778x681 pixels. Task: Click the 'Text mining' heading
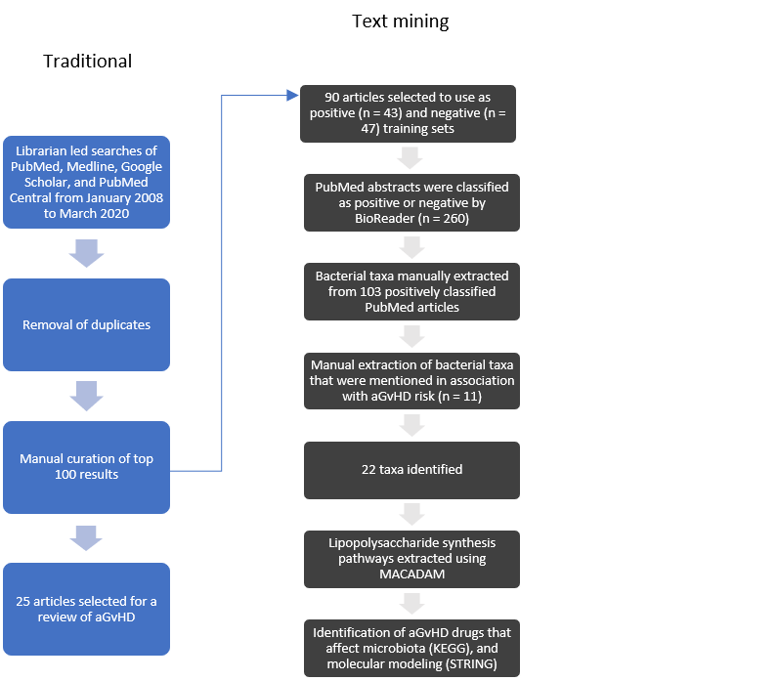click(401, 21)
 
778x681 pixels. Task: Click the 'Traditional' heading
click(87, 62)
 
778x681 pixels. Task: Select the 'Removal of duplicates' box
click(86, 325)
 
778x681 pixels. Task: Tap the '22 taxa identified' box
click(411, 470)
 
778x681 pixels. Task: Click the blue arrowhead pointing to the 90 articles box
click(293, 95)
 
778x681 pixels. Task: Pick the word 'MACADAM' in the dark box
click(411, 574)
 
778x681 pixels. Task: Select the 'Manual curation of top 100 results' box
click(86, 467)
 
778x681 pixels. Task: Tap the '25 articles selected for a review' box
click(86, 609)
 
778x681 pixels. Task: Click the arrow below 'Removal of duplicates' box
click(86, 396)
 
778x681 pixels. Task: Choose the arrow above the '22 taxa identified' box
click(411, 425)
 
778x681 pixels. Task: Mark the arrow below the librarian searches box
click(86, 253)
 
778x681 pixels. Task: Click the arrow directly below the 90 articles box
click(410, 157)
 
